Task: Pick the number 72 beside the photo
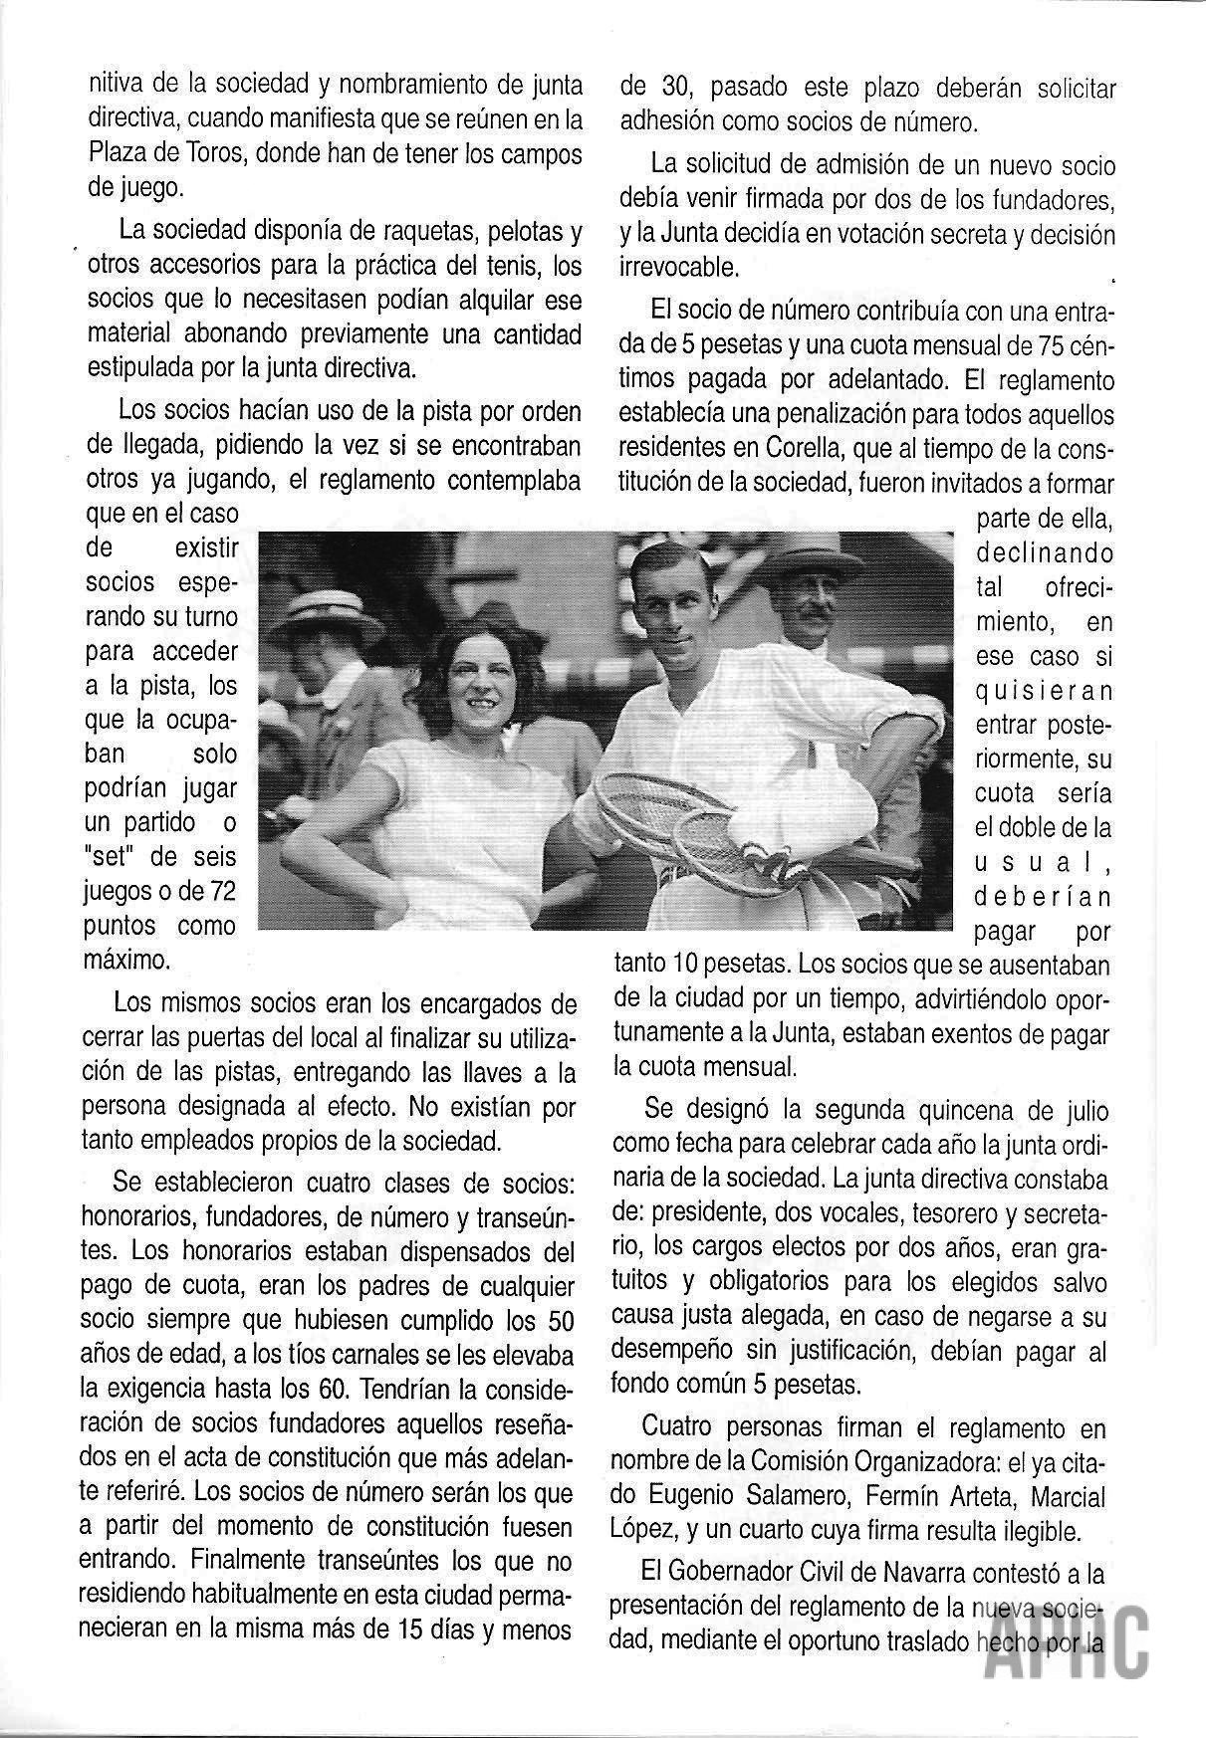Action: click(218, 891)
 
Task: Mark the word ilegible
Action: click(1052, 1530)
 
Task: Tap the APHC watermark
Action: click(1075, 1652)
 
